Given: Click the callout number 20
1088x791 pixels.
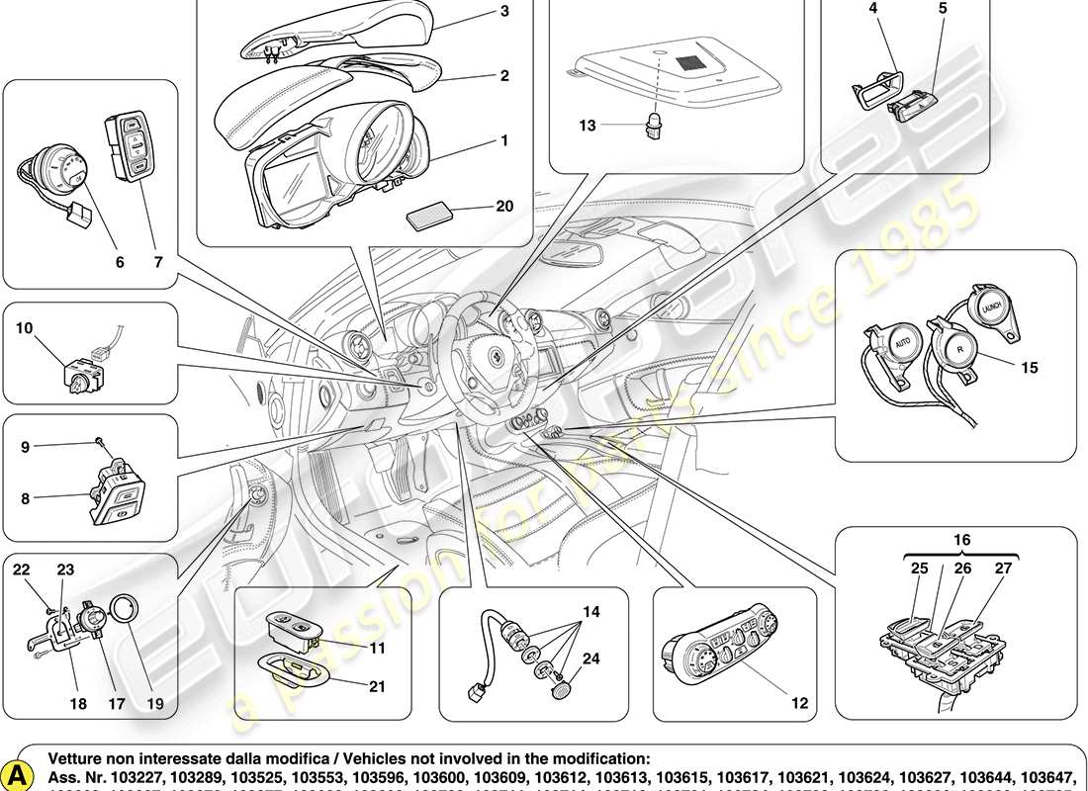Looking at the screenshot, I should [x=505, y=207].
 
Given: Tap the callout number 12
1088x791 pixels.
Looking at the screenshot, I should [x=799, y=703].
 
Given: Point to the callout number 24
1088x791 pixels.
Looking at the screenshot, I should [x=589, y=659].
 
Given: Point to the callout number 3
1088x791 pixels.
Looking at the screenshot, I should [x=504, y=12].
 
